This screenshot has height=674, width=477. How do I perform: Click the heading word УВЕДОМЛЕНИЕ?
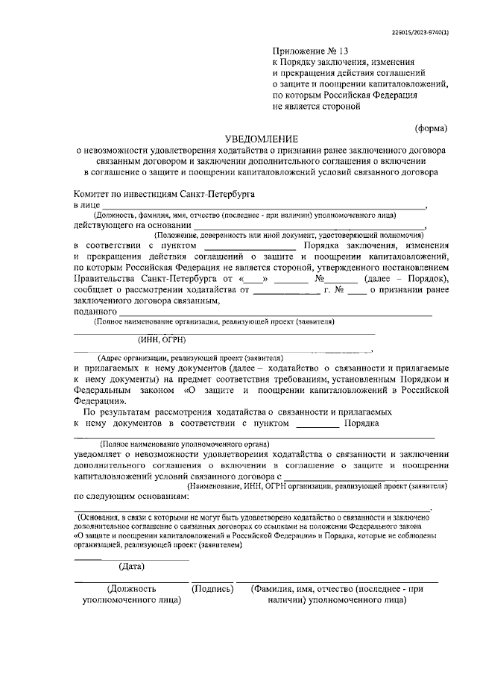262,139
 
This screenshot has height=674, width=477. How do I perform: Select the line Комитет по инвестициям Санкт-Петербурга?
162,192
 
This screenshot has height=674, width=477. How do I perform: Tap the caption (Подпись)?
212,588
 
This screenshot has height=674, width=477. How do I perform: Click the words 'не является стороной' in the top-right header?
317,107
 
